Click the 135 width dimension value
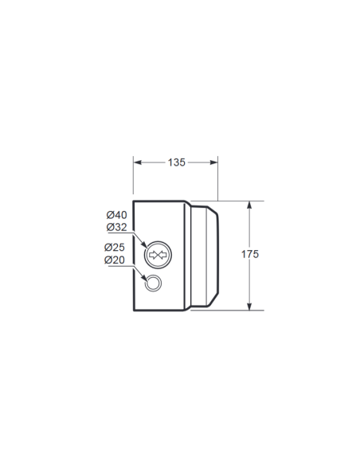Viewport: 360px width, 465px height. point(177,162)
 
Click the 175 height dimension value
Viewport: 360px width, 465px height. point(250,254)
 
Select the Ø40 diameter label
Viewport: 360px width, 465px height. point(116,215)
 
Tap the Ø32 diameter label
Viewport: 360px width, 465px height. point(116,228)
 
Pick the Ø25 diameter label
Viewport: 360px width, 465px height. point(115,248)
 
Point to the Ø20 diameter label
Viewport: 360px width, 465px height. point(115,260)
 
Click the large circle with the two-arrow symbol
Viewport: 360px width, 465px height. point(158,241)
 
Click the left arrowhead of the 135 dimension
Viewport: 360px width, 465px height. point(138,162)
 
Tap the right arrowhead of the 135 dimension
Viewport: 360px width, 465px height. point(213,162)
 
